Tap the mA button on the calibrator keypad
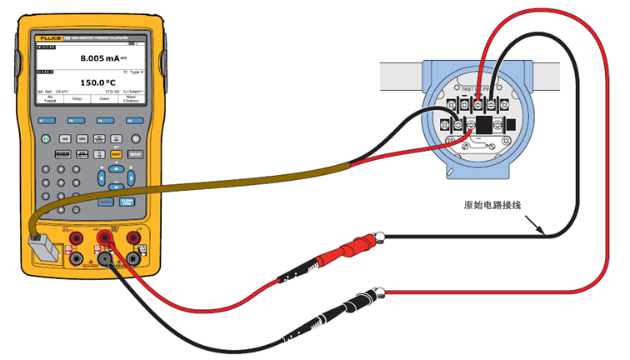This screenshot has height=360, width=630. [64, 138]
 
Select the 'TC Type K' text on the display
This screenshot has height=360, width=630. [135, 72]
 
